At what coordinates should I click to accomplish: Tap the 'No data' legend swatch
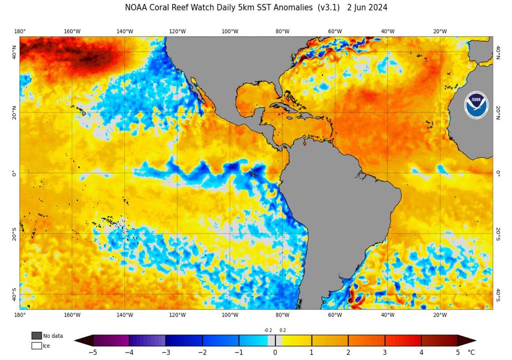point(36,335)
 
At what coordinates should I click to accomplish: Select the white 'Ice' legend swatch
point(36,345)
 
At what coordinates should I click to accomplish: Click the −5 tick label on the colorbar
point(93,352)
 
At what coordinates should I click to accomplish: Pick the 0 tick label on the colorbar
point(275,352)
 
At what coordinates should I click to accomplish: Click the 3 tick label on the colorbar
point(384,352)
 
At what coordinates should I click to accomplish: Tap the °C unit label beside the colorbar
point(471,352)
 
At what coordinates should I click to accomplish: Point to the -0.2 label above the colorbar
point(268,330)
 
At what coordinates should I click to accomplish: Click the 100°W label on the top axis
point(230,31)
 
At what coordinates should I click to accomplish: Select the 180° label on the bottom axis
point(20,315)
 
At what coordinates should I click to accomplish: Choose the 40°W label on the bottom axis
point(387,315)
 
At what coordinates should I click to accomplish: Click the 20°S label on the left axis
point(14,234)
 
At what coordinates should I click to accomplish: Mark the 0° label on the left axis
point(14,173)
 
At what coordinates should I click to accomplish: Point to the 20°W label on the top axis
point(440,31)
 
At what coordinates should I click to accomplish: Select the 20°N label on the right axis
point(498,112)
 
